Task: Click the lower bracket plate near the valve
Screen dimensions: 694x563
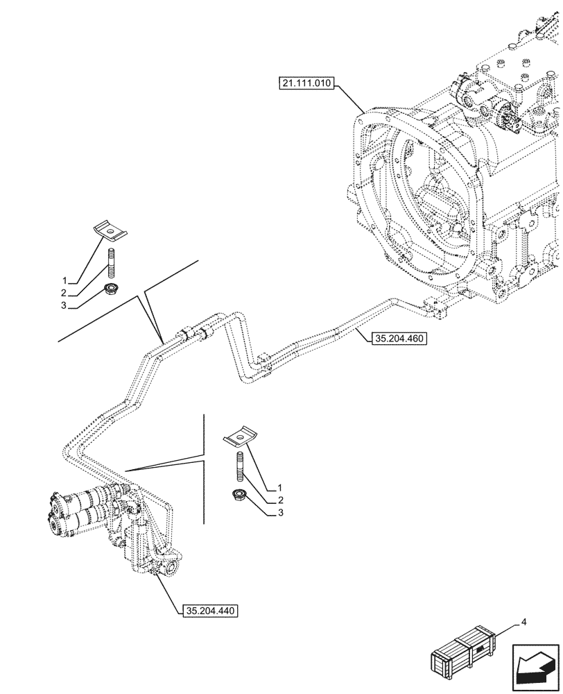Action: (238, 439)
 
